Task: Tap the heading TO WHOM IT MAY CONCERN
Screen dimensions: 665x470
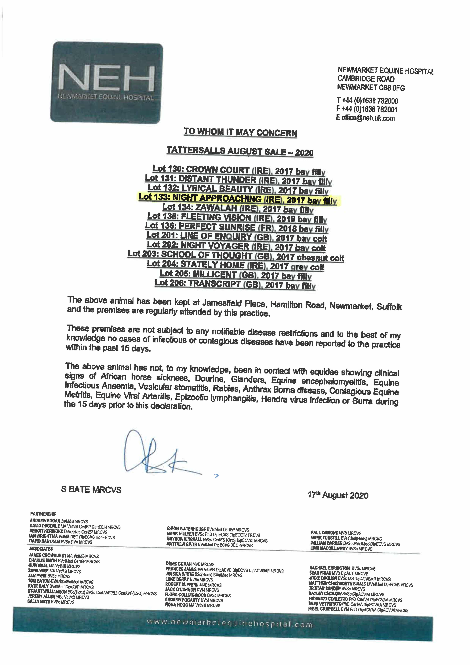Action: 240,132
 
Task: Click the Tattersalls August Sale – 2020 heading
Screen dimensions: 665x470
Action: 240,151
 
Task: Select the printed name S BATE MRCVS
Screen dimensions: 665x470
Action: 91,489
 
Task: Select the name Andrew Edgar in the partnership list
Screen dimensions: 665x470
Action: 45,520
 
